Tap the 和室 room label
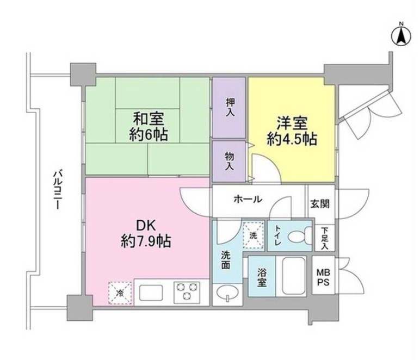(147, 117)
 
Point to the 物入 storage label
(230, 160)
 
